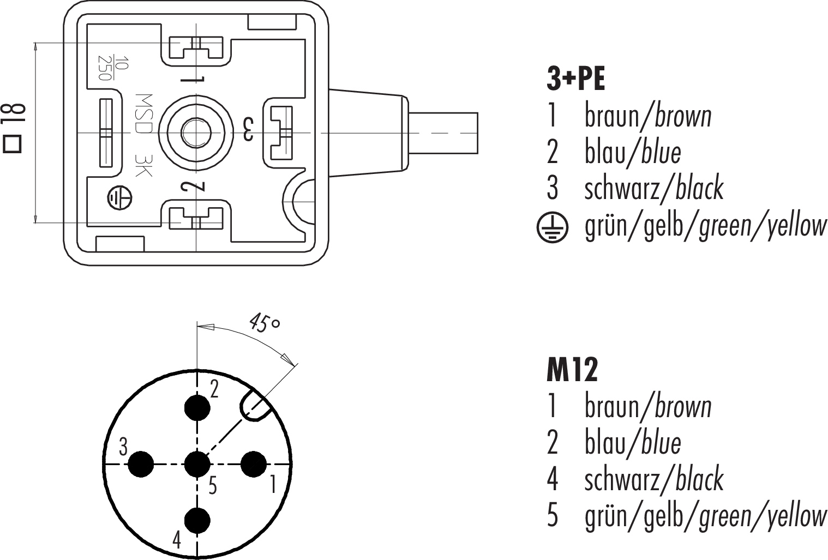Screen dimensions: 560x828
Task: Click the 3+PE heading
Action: [575, 80]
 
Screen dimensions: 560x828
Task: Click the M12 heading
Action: [572, 371]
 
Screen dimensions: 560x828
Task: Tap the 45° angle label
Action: [265, 322]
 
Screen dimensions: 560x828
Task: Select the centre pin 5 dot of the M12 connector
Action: [197, 465]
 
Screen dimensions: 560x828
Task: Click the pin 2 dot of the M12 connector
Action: [197, 407]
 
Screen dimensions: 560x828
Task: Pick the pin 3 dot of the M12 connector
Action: [141, 465]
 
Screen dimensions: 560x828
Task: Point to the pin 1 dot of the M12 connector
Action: [254, 465]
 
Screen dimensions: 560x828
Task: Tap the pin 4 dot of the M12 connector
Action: [197, 521]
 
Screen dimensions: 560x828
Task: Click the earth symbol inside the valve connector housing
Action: [118, 197]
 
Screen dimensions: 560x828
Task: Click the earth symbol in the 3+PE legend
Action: [552, 227]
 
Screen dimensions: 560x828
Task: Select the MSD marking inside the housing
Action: [143, 115]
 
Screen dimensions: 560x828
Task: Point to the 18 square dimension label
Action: [14, 128]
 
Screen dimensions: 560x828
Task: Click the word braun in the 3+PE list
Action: [611, 116]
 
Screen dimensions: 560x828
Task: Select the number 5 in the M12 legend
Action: [553, 516]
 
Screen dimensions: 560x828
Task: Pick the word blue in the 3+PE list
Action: [661, 152]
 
